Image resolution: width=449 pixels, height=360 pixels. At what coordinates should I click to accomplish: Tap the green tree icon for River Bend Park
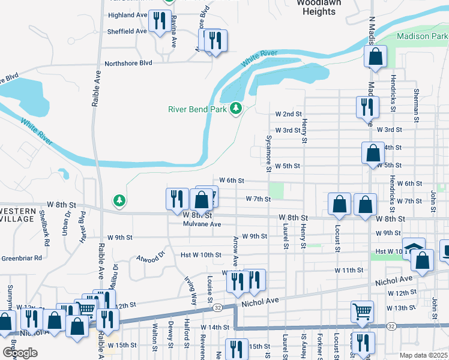tap(237, 108)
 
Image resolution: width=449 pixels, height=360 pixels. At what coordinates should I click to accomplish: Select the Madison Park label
tap(422, 37)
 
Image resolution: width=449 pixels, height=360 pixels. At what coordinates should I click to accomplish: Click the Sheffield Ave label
tap(127, 31)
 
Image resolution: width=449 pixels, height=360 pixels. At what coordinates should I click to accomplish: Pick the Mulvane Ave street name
tap(202, 224)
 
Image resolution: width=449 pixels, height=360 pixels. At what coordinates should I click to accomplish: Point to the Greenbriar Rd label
tap(21, 258)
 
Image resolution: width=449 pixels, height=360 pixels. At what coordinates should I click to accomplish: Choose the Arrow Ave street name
tap(235, 251)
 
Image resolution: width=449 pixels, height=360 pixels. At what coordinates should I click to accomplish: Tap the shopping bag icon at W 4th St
tap(373, 152)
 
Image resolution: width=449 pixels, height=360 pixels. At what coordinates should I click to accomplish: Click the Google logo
tap(20, 353)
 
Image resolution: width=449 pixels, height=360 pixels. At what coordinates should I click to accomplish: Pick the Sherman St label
tap(416, 102)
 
